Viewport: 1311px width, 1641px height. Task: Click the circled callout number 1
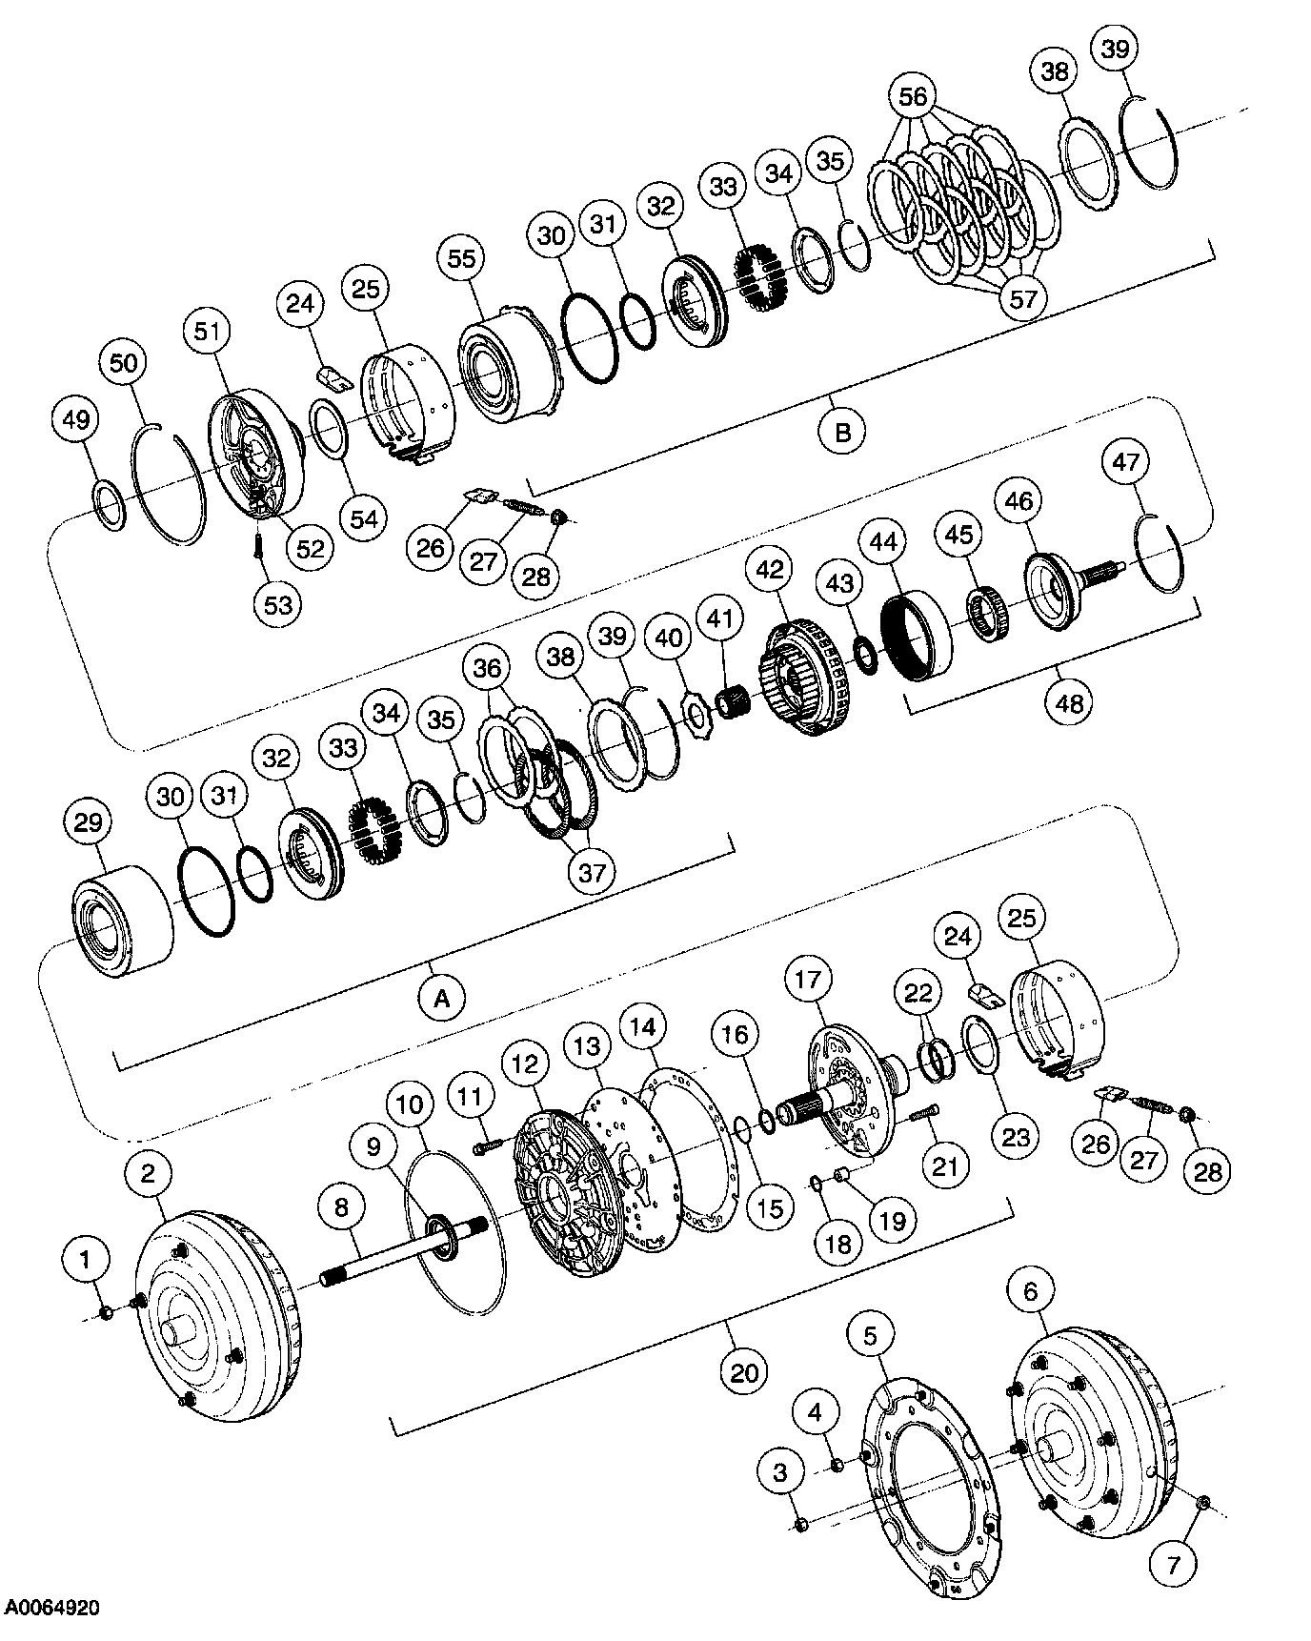pyautogui.click(x=85, y=1261)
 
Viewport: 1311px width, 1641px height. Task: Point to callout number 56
pyautogui.click(x=913, y=96)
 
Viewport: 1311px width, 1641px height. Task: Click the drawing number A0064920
pyautogui.click(x=52, y=1609)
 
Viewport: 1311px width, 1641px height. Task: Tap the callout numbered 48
pyautogui.click(x=1069, y=702)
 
